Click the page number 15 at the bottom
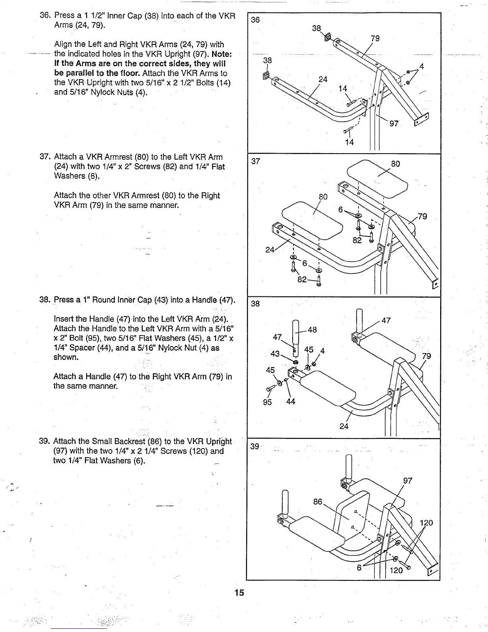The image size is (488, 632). tap(239, 592)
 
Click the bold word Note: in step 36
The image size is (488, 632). tap(222, 54)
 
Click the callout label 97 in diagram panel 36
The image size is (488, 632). tap(394, 124)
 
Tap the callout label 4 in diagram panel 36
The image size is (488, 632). tap(421, 67)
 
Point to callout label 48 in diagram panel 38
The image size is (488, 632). tap(312, 330)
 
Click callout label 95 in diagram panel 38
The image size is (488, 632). tap(267, 402)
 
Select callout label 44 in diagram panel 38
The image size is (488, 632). tap(291, 402)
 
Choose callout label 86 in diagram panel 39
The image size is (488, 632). tap(318, 502)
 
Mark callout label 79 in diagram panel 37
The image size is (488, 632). tap(422, 216)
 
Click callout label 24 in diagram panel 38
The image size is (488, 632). tap(344, 426)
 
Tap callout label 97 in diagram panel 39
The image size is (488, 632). tap(407, 481)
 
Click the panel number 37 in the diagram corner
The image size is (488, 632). tap(256, 161)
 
